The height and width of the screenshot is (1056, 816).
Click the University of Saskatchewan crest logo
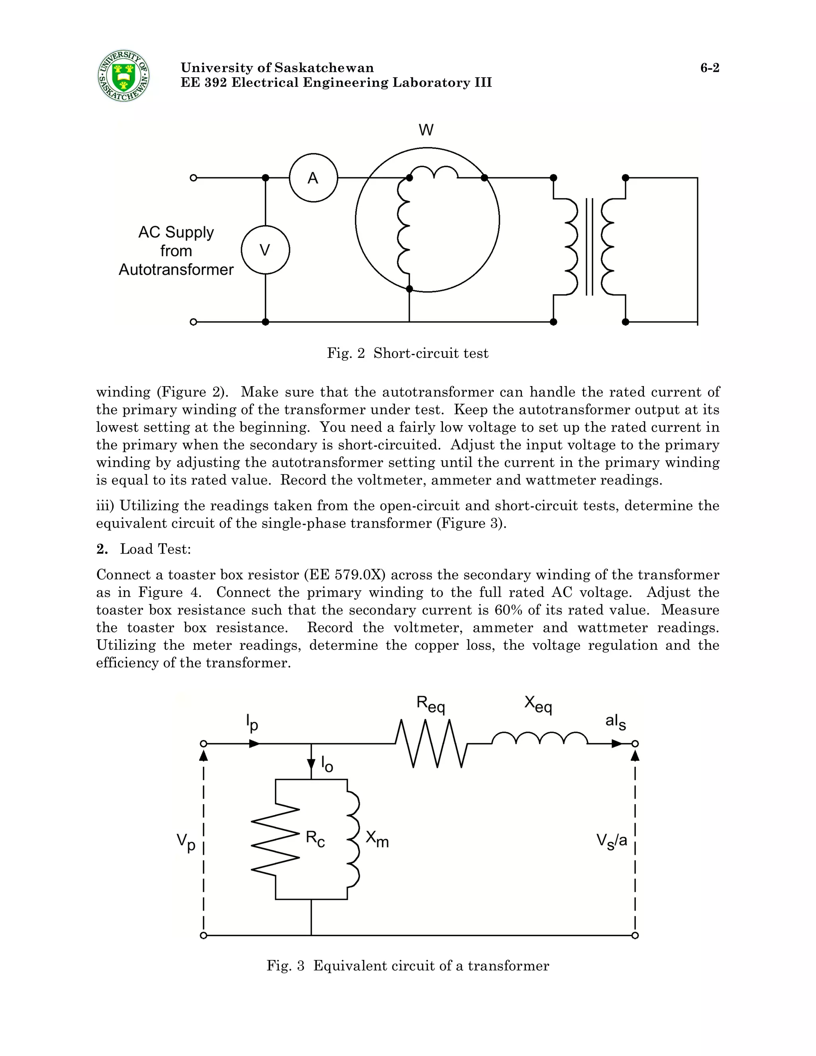[x=123, y=76]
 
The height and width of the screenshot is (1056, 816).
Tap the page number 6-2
[x=710, y=68]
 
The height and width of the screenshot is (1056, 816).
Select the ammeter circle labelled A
[x=313, y=178]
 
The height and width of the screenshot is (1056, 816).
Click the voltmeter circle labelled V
[x=265, y=250]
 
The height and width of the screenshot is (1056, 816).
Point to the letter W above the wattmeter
[x=426, y=130]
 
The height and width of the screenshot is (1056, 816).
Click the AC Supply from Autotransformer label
[x=176, y=251]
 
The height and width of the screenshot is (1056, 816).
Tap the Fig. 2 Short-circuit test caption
[x=408, y=353]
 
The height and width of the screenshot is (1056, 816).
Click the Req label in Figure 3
[x=430, y=704]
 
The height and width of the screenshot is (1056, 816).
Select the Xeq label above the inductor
[x=537, y=704]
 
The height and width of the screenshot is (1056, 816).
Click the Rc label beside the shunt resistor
[x=315, y=839]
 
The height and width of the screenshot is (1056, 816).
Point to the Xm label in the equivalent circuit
[x=377, y=839]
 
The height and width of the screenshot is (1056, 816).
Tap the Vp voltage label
[x=186, y=842]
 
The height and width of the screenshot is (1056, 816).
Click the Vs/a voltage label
[x=612, y=841]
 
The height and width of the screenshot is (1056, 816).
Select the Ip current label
[x=252, y=722]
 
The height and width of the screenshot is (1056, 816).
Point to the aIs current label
[x=615, y=722]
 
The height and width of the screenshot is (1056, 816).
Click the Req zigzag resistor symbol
[x=431, y=744]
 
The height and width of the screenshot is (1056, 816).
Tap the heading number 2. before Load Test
[x=102, y=549]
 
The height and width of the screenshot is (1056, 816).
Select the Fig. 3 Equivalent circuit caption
[x=408, y=966]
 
